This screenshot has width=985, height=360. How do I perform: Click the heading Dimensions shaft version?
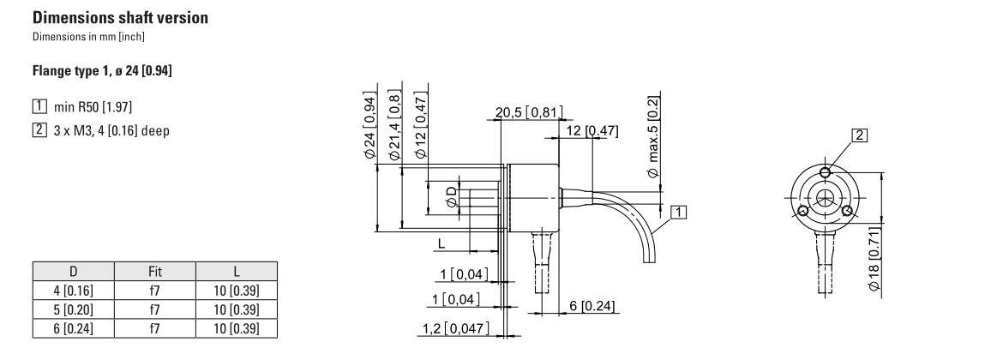[x=120, y=18]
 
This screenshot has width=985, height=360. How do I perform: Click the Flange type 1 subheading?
[x=102, y=71]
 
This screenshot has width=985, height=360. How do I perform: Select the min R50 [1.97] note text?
[x=93, y=107]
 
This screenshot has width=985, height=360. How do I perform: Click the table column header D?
[x=74, y=272]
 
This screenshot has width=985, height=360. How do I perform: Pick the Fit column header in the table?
[x=155, y=272]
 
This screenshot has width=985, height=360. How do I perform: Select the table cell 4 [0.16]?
[x=74, y=291]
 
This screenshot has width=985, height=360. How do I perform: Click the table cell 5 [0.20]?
[x=74, y=309]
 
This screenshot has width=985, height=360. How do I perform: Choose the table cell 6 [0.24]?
[x=74, y=328]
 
